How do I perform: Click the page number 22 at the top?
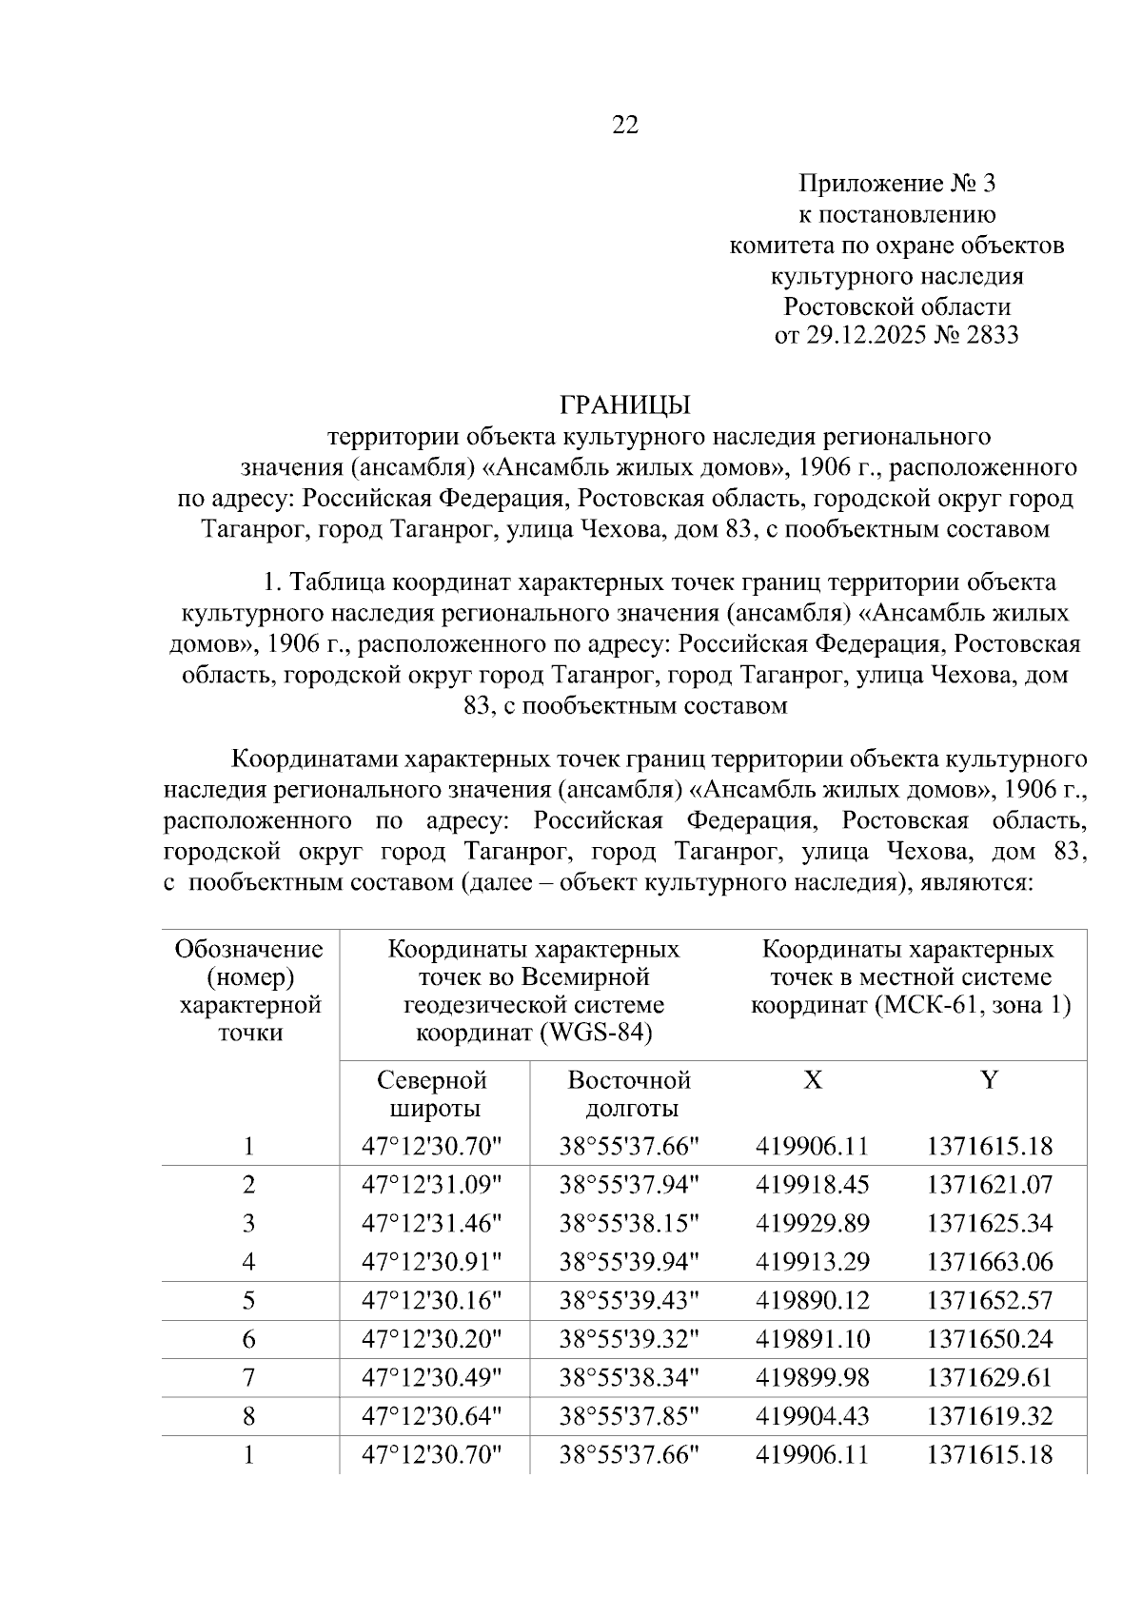pos(625,125)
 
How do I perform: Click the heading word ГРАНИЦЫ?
pos(624,404)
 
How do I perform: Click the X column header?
pos(813,1079)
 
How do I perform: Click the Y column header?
pos(990,1079)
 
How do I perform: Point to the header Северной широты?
pos(433,1094)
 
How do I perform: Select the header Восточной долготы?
pos(629,1094)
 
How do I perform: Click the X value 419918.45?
pos(813,1185)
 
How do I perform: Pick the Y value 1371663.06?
pos(990,1262)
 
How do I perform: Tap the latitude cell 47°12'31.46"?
pos(432,1223)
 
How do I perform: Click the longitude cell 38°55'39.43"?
pos(629,1300)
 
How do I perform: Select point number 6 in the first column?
pos(249,1339)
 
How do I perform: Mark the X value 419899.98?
pos(813,1377)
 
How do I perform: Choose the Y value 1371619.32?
pos(990,1416)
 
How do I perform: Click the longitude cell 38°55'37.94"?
pos(629,1185)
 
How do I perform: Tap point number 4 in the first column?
pos(249,1262)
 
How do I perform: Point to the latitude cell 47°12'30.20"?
pos(432,1339)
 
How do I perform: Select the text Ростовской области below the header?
pos(896,306)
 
